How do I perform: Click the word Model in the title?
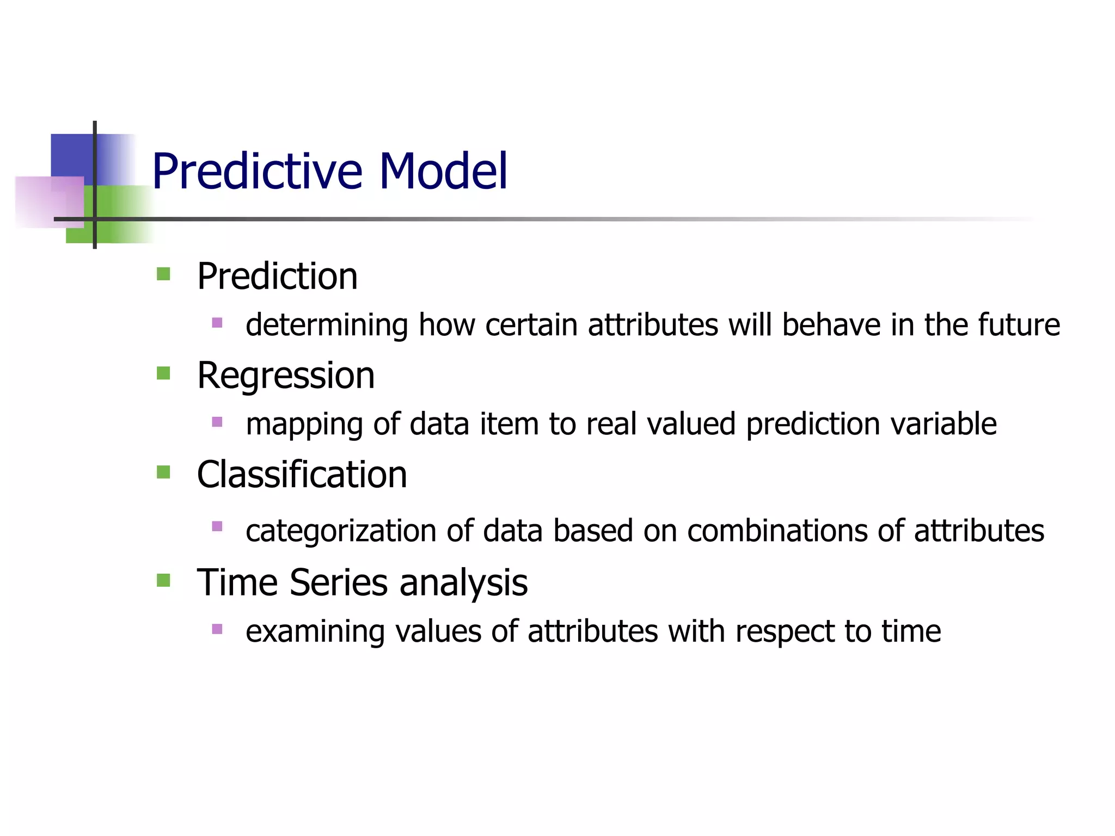point(443,172)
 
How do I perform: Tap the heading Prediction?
point(277,276)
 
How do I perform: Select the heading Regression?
point(286,376)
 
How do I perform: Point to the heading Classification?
point(302,475)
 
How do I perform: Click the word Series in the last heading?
point(338,582)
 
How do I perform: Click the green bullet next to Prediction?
point(163,273)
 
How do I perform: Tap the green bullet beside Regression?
point(163,373)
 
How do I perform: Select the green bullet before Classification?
point(163,471)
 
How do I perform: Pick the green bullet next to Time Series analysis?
point(163,580)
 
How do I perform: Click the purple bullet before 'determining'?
point(217,322)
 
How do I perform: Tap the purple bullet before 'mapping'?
point(217,421)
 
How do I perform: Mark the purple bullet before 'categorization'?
point(217,526)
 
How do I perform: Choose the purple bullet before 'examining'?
point(217,629)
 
